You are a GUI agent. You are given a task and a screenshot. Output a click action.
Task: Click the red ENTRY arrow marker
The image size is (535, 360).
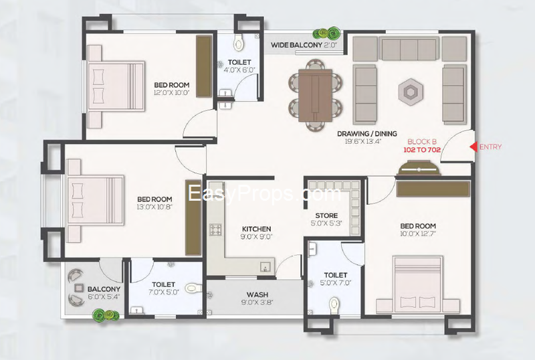pyautogui.click(x=473, y=147)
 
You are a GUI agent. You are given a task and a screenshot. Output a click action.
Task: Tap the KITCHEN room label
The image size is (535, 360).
pyautogui.click(x=257, y=229)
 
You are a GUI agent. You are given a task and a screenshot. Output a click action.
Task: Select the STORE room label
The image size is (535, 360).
pyautogui.click(x=326, y=215)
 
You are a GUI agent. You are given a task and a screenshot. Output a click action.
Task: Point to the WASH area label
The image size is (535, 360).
pyautogui.click(x=257, y=294)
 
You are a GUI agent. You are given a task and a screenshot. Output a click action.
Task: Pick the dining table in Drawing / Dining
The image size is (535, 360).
pyautogui.click(x=315, y=95)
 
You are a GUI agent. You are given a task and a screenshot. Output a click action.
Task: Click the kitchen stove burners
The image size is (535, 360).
pyautogui.click(x=215, y=230)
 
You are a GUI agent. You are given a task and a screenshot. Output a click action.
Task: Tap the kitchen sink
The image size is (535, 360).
pyautogui.click(x=265, y=267)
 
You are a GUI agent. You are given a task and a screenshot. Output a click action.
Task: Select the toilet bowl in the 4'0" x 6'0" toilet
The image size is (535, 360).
pyautogui.click(x=239, y=42)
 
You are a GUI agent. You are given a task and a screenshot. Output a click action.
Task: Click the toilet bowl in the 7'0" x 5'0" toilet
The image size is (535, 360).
pyautogui.click(x=193, y=288)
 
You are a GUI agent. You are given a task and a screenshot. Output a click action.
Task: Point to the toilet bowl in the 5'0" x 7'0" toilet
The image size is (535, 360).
pyautogui.click(x=334, y=304)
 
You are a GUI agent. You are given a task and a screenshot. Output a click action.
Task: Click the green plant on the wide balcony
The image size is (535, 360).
pyautogui.click(x=327, y=33)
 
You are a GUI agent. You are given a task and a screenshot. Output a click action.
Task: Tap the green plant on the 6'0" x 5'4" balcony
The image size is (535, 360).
pyautogui.click(x=106, y=314)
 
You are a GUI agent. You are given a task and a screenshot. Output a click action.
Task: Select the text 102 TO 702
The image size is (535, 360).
pyautogui.click(x=422, y=150)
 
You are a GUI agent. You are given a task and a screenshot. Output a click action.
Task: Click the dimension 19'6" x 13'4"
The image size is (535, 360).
pyautogui.click(x=362, y=141)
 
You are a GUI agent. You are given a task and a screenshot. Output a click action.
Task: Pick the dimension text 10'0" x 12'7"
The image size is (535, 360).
pyautogui.click(x=418, y=234)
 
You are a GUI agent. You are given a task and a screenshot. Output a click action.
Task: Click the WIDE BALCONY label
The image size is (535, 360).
pyautogui.click(x=296, y=45)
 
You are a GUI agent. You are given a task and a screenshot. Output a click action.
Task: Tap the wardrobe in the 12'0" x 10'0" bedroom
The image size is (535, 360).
pyautogui.click(x=204, y=66)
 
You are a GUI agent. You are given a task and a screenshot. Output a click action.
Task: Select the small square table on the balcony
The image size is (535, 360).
pyautogui.click(x=79, y=288)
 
